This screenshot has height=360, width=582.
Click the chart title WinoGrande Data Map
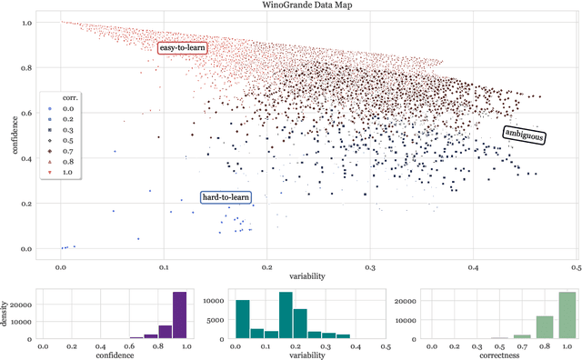pyautogui.click(x=291, y=5)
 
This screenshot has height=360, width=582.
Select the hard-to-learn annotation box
pyautogui.click(x=226, y=197)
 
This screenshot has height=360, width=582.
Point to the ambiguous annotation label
pyautogui.click(x=525, y=135)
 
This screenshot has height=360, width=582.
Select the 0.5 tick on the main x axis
pyautogui.click(x=576, y=269)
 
